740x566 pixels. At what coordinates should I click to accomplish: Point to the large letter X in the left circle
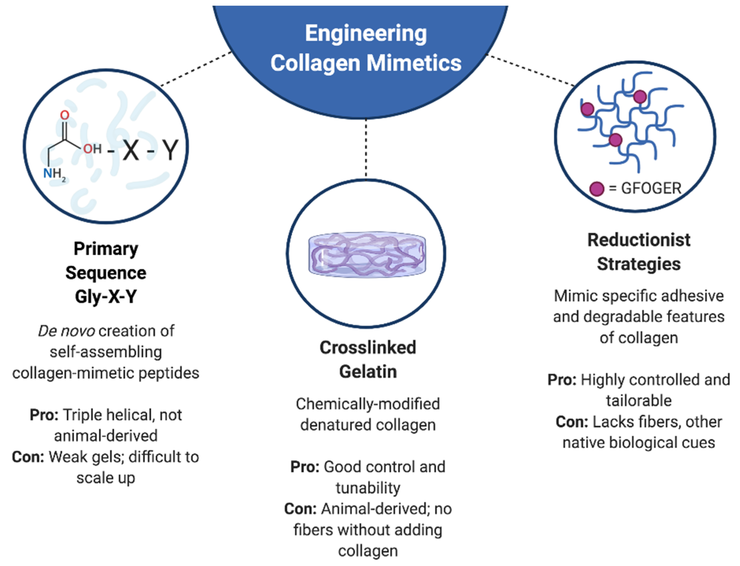click(x=131, y=151)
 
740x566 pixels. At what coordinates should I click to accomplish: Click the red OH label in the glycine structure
click(x=92, y=148)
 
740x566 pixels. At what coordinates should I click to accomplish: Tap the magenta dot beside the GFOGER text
click(x=596, y=189)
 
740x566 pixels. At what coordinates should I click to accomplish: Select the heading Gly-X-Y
click(x=106, y=297)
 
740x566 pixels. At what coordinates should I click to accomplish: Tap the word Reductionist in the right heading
click(x=639, y=240)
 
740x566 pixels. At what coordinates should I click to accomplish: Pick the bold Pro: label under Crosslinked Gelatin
click(x=305, y=467)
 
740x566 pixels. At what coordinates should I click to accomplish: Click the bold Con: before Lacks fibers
click(x=572, y=422)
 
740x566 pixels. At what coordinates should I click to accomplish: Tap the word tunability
click(x=368, y=488)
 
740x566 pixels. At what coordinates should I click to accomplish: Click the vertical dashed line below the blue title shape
click(x=366, y=148)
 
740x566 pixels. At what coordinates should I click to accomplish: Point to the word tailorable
click(x=639, y=401)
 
